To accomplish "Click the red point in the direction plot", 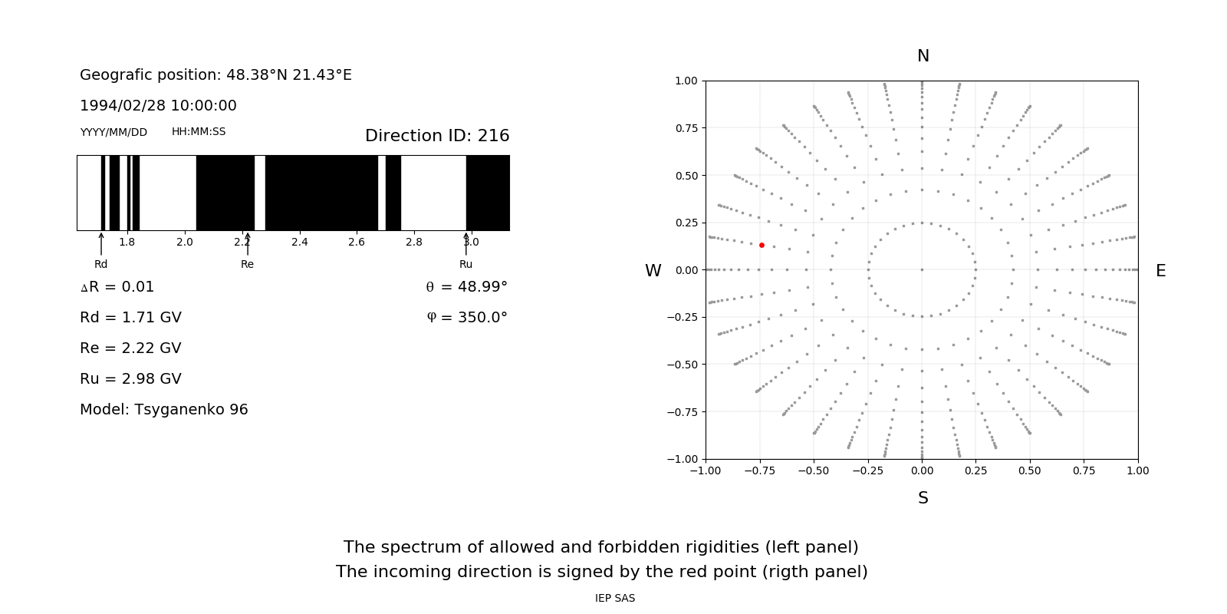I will pyautogui.click(x=762, y=245).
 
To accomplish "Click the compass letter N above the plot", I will pyautogui.click(x=923, y=56).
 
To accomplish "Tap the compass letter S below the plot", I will pyautogui.click(x=923, y=498).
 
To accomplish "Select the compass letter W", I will pyautogui.click(x=653, y=271).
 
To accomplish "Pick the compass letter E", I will pyautogui.click(x=1161, y=271).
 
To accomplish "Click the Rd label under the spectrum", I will pyautogui.click(x=101, y=264).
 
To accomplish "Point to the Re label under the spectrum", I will pyautogui.click(x=247, y=264).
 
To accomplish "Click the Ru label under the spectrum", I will pyautogui.click(x=466, y=264).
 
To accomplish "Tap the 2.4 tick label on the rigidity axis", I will pyautogui.click(x=299, y=242).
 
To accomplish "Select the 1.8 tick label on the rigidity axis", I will pyautogui.click(x=127, y=242).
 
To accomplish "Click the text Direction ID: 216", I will pyautogui.click(x=437, y=136).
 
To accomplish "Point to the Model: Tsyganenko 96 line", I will pyautogui.click(x=164, y=410).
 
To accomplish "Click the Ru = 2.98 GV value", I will pyautogui.click(x=130, y=379).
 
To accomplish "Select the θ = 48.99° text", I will pyautogui.click(x=466, y=287).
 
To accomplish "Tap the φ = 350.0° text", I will pyautogui.click(x=467, y=318).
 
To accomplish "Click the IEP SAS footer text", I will pyautogui.click(x=615, y=598).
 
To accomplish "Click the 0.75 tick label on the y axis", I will pyautogui.click(x=686, y=128).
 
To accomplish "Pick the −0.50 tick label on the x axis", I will pyautogui.click(x=814, y=470).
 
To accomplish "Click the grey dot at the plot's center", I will pyautogui.click(x=922, y=269).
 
